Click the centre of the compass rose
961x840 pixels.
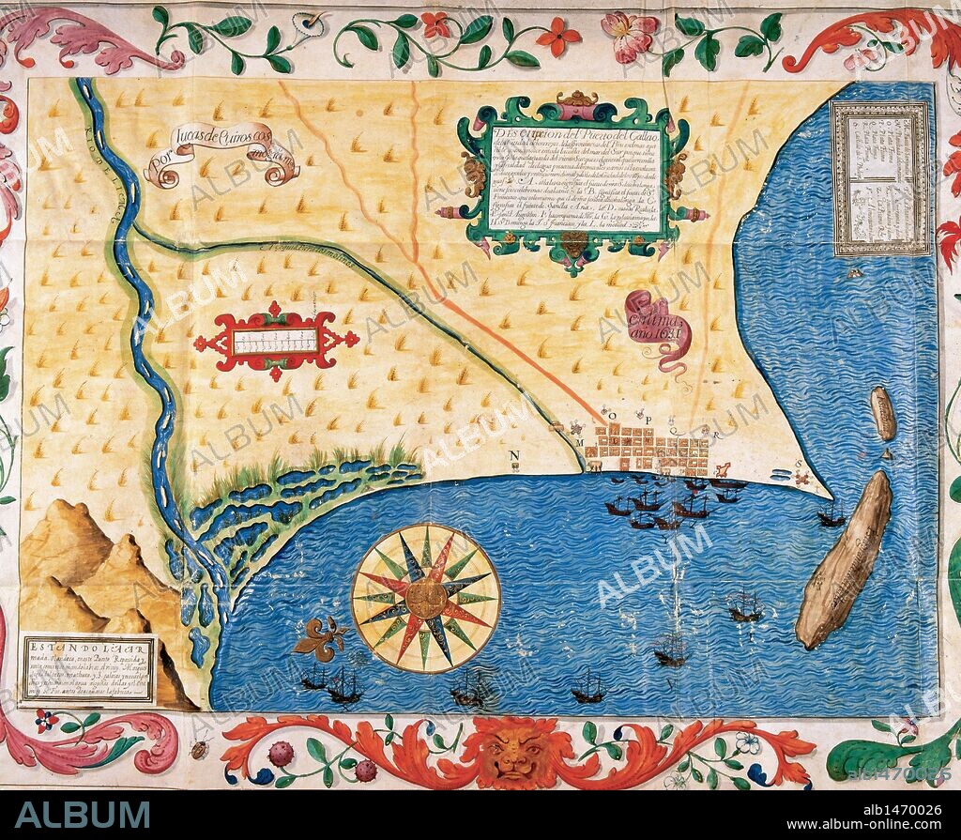[x=425, y=598]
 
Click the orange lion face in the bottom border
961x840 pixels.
[x=512, y=752]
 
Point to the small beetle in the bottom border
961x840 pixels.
[x=200, y=749]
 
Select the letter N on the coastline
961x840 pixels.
[x=515, y=457]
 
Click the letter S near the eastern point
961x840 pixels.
[x=798, y=464]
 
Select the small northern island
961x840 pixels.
[x=882, y=413]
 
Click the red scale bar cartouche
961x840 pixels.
[x=275, y=341]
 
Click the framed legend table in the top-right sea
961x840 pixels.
[x=879, y=177]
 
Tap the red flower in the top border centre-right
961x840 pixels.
[x=557, y=37]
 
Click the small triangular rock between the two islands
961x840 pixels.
[x=886, y=453]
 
